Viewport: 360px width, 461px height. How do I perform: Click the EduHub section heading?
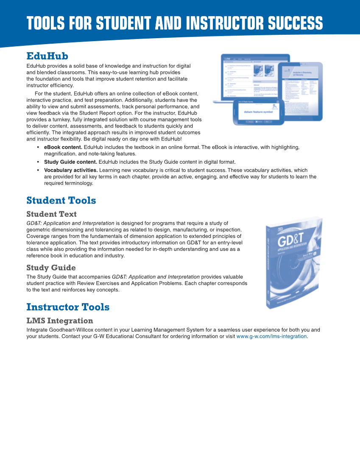pos(47,56)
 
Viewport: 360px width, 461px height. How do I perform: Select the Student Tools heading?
pos(61,200)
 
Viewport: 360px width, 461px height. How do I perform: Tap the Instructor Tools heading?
pos(68,307)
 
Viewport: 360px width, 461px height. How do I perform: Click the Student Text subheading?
pos(51,214)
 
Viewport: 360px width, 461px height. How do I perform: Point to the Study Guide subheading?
pos(51,268)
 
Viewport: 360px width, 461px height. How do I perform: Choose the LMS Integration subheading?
pos(59,321)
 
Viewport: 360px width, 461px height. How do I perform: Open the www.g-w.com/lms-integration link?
pos(271,336)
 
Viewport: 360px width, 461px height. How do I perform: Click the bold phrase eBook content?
pos(63,147)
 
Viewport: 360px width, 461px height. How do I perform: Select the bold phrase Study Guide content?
pos(70,162)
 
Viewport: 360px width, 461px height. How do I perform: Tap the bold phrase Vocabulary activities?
pos(71,170)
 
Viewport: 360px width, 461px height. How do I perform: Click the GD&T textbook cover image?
pos(293,263)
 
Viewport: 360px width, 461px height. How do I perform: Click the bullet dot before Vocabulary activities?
pos(38,170)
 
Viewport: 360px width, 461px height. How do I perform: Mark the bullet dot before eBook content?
pos(38,147)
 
